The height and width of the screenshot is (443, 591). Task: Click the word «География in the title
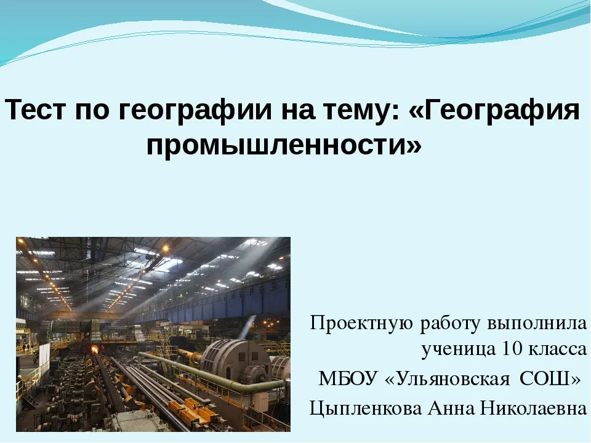coord(494,110)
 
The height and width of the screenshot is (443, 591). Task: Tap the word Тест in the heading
coord(36,110)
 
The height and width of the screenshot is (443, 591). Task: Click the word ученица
coord(459,350)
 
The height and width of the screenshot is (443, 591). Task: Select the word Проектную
coord(362,323)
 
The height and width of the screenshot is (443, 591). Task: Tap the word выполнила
coord(537,324)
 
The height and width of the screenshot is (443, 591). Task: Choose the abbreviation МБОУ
coord(348,378)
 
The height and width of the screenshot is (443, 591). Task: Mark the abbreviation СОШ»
coord(550,378)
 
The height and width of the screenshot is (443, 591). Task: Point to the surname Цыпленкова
coord(365,409)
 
